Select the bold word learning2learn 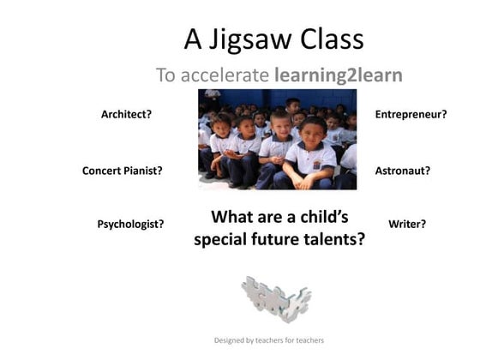(338, 75)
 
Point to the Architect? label (127, 114)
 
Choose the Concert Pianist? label (123, 171)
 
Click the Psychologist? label (131, 225)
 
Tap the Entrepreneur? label (411, 114)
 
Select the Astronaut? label (403, 171)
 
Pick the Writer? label (407, 225)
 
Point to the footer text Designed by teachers (268, 340)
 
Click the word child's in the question (315, 217)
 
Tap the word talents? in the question (333, 240)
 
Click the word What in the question (234, 217)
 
